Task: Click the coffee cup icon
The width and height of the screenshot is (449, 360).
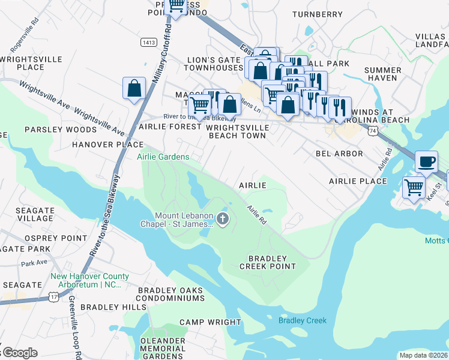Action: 426,161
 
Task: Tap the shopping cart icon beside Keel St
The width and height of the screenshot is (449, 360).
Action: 414,188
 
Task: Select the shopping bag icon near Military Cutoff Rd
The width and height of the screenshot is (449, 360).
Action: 134,88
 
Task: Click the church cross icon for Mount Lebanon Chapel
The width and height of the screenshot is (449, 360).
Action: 223,219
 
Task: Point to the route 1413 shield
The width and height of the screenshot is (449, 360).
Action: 149,42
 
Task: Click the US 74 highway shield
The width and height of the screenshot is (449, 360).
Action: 373,130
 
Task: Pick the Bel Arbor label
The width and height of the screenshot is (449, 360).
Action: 339,154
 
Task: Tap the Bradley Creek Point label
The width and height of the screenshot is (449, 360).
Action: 268,262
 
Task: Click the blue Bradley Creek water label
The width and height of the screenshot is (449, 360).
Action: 302,320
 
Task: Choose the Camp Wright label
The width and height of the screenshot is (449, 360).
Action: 210,322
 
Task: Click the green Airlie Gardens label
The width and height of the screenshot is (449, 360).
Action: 163,157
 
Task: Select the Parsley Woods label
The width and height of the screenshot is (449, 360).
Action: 52,130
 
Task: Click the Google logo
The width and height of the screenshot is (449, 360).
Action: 19,353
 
